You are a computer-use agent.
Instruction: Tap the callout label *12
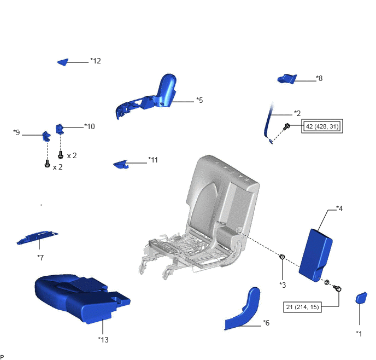pos(96,61)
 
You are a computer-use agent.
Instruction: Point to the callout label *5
pos(199,100)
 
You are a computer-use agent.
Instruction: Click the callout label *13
pos(103,340)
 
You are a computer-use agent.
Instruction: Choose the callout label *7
pos(40,258)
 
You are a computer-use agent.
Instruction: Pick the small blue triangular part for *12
pos(63,62)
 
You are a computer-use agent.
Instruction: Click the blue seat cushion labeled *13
pos(81,298)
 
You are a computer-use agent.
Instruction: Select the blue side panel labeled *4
pos(316,255)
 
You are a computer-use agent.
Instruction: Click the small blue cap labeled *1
pos(361,298)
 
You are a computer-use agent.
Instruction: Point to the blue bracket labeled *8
pos(287,79)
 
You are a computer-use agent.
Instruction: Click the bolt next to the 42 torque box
pos(286,126)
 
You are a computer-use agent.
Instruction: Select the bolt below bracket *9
pos(47,164)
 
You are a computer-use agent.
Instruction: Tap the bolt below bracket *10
pos(61,155)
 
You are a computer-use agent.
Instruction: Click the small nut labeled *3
pos(283,257)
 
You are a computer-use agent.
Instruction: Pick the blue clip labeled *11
pos(121,164)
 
